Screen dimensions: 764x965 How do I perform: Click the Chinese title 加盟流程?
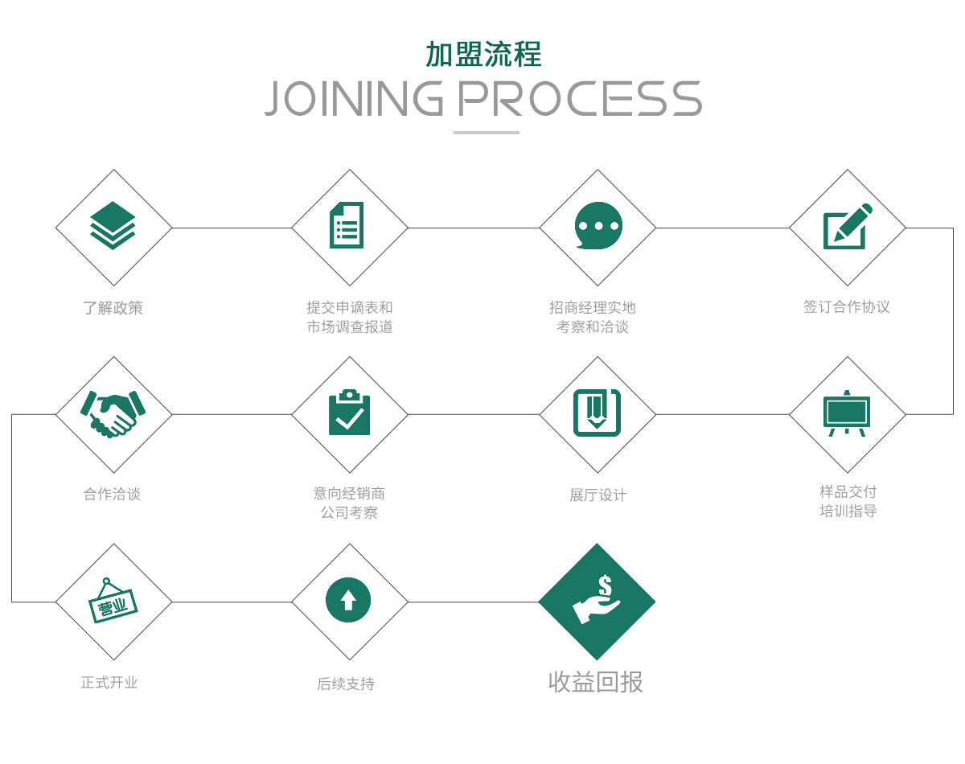(x=483, y=54)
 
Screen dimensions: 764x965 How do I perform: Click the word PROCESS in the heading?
(x=579, y=98)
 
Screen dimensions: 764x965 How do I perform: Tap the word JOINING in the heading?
(x=354, y=98)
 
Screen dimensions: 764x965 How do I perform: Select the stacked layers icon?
(x=113, y=226)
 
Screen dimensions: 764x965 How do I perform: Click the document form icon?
(x=347, y=225)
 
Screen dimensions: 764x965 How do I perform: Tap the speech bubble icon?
(x=598, y=225)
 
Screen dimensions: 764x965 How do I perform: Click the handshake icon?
(x=113, y=413)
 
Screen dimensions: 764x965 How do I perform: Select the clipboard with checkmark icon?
(x=350, y=413)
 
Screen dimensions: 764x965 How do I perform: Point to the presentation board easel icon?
(x=847, y=413)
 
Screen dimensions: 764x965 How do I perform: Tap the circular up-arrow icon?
(x=348, y=600)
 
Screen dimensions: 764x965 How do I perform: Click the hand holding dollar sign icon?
(x=597, y=600)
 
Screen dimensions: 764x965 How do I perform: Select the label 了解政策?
(x=113, y=308)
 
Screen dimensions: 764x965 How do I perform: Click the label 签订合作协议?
(x=847, y=306)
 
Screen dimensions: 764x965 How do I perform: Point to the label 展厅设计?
(x=597, y=495)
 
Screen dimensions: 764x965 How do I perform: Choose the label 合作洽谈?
(x=113, y=494)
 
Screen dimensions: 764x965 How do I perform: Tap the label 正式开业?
(x=110, y=683)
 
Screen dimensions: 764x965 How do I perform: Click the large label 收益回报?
(x=596, y=682)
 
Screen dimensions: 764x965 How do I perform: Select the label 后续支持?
(x=346, y=684)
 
